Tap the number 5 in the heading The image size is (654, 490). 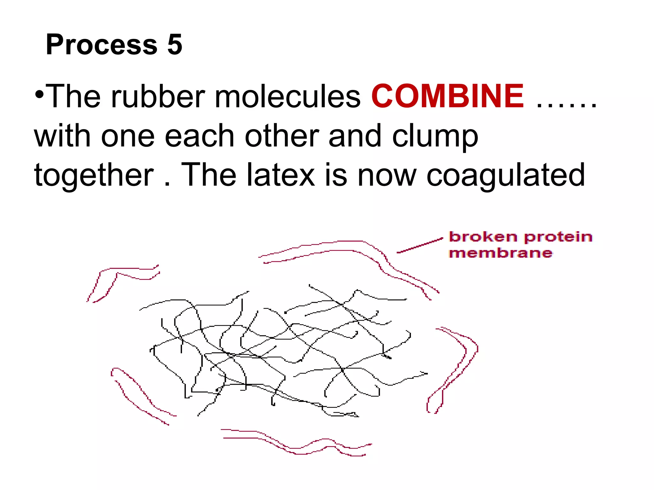174,44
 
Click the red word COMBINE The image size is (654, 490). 447,96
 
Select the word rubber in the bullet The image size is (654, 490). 158,96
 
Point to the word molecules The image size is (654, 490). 287,96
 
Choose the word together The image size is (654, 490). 94,175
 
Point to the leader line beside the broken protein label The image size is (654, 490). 420,245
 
